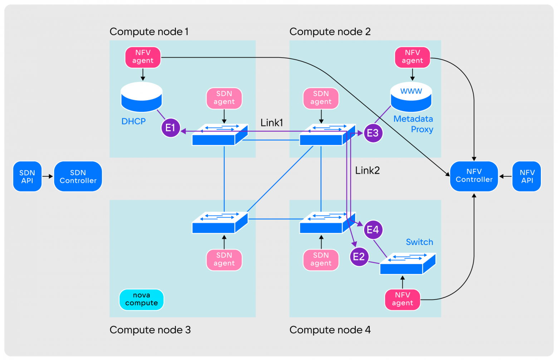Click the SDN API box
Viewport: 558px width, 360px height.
[27, 176]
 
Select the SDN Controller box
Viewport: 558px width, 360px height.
[78, 176]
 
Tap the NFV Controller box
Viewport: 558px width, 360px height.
[474, 176]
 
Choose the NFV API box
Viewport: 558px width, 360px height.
[527, 176]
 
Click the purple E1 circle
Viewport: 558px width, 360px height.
[170, 128]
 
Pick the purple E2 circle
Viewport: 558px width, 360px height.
[359, 257]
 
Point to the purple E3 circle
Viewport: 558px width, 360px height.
[373, 133]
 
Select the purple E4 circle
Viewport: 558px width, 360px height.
[373, 230]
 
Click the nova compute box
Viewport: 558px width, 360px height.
[141, 299]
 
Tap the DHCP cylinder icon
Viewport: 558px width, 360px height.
[142, 97]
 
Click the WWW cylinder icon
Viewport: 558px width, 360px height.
[411, 97]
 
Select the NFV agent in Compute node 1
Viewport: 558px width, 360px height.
[143, 57]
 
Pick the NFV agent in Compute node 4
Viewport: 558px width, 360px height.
[402, 299]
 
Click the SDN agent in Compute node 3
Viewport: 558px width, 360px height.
[224, 259]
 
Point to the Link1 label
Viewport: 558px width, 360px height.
[271, 123]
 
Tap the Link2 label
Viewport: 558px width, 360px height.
[367, 170]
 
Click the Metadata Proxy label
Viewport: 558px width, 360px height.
[413, 124]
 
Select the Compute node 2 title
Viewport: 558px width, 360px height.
[330, 31]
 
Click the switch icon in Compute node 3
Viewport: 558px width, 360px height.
[220, 223]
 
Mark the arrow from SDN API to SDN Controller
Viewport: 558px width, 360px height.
[48, 176]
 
